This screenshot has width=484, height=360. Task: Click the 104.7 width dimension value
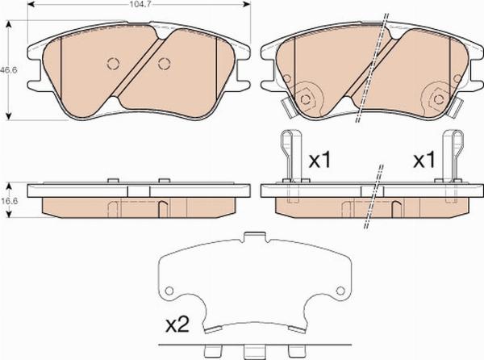pos(138,3)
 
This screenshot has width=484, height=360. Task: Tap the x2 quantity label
pos(177,325)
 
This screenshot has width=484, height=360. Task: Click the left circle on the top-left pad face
pos(113,64)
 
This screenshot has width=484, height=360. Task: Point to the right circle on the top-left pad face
pos(164,64)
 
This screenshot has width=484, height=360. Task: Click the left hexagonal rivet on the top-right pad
pos(306,99)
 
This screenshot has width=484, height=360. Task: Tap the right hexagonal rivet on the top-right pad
pos(439,99)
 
